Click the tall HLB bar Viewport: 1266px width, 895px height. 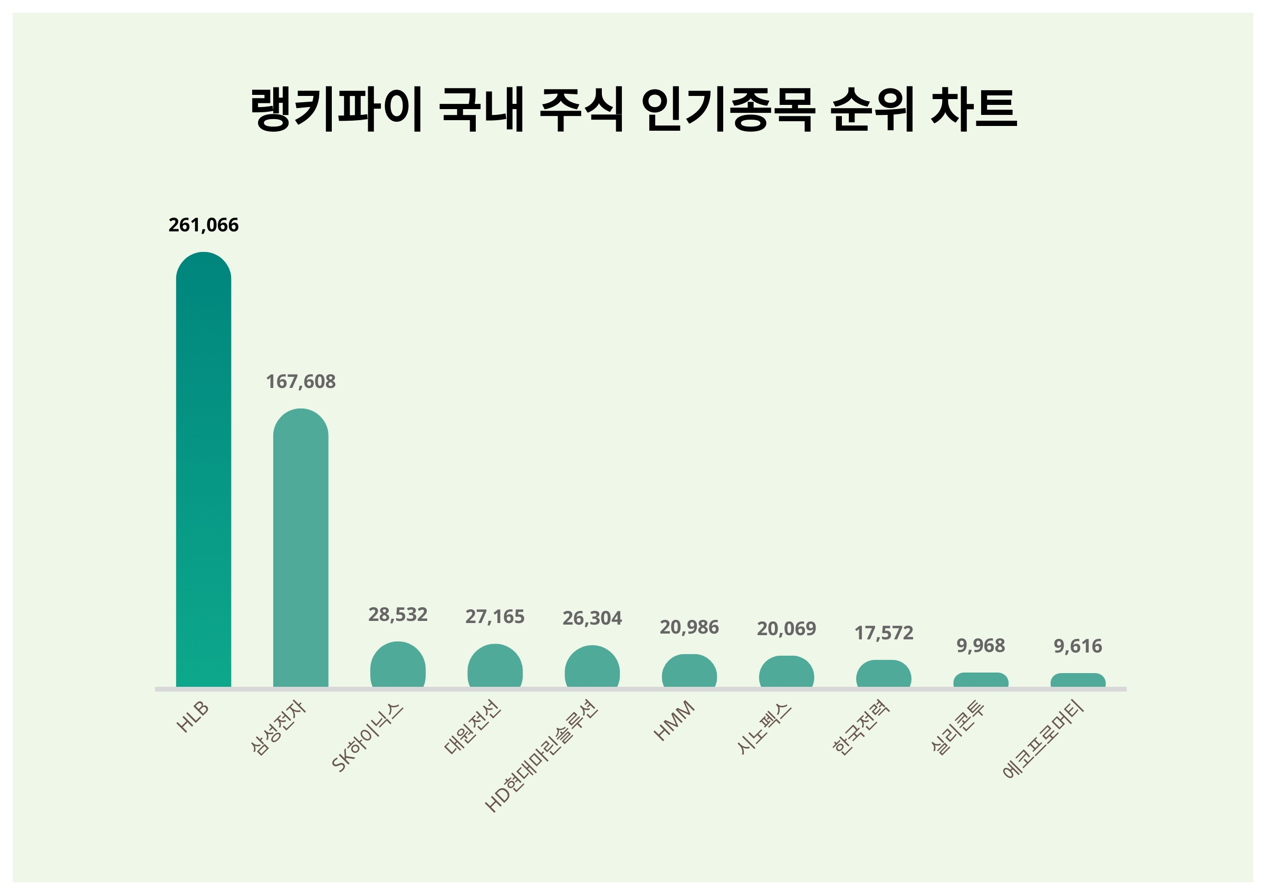click(204, 469)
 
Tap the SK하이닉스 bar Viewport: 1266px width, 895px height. click(398, 665)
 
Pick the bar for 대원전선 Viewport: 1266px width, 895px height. click(495, 666)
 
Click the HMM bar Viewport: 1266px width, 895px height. click(689, 672)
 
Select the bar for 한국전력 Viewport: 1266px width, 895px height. click(884, 674)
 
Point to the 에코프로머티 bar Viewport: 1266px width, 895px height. click(1078, 680)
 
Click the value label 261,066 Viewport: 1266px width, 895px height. click(204, 225)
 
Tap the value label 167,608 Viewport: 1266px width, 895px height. click(301, 382)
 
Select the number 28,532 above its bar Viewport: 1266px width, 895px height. click(398, 615)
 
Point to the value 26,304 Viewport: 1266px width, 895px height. click(592, 618)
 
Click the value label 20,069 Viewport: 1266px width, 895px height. click(787, 628)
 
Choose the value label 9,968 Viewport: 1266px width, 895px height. click(981, 645)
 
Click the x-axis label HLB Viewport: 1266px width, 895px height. click(193, 717)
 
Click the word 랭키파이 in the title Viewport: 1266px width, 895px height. click(337, 109)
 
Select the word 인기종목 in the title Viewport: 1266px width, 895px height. click(728, 109)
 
